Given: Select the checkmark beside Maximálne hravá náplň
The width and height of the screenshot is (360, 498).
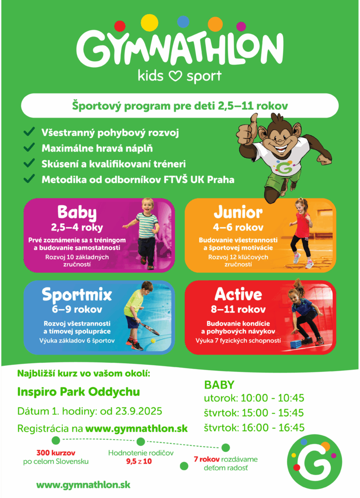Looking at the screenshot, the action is pos(29,147).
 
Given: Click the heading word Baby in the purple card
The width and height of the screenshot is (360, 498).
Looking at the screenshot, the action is pos(77,212).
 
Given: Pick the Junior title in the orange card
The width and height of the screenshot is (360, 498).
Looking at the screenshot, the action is pos(238,212).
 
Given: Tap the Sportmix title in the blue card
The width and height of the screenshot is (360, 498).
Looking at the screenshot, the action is pos(77,295).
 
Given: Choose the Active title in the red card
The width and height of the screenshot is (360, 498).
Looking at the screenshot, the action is pos(238,294).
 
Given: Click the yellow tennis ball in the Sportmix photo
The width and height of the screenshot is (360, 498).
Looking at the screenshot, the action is pos(153,341).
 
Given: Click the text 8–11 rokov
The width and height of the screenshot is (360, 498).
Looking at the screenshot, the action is pos(238,309).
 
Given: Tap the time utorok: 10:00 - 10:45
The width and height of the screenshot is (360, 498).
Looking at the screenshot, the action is pos(254,398).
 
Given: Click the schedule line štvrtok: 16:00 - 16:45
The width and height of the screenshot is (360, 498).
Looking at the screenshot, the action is pos(254,427).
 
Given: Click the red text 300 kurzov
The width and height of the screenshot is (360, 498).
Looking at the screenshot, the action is pos(56,453).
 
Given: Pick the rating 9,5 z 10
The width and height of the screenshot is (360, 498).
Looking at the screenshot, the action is pos(139,462).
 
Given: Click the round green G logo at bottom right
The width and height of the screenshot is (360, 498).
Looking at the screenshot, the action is pos(315,462).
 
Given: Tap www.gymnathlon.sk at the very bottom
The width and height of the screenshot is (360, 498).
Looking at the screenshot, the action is pos(83,485).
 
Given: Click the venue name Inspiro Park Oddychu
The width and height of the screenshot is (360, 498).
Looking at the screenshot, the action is pos(78,392).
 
